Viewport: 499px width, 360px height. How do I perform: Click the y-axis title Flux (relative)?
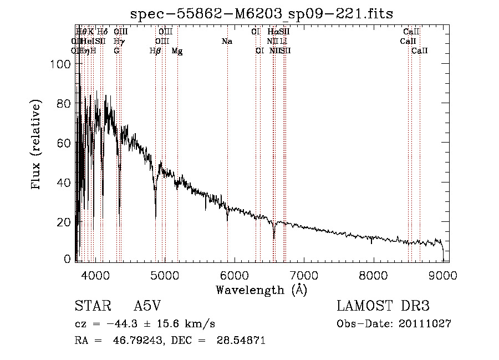37,145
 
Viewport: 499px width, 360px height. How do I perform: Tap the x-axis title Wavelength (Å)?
261,290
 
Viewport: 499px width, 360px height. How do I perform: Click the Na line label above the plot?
227,41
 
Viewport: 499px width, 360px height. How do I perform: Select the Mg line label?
177,50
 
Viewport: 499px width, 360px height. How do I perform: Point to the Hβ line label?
155,50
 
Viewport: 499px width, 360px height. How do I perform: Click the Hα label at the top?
272,32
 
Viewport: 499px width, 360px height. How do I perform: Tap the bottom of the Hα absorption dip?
274,239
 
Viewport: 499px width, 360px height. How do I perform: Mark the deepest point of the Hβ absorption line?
155,217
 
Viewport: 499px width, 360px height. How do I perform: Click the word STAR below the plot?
91,306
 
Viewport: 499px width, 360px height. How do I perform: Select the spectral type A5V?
146,306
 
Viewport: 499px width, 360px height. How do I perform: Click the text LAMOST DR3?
383,306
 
